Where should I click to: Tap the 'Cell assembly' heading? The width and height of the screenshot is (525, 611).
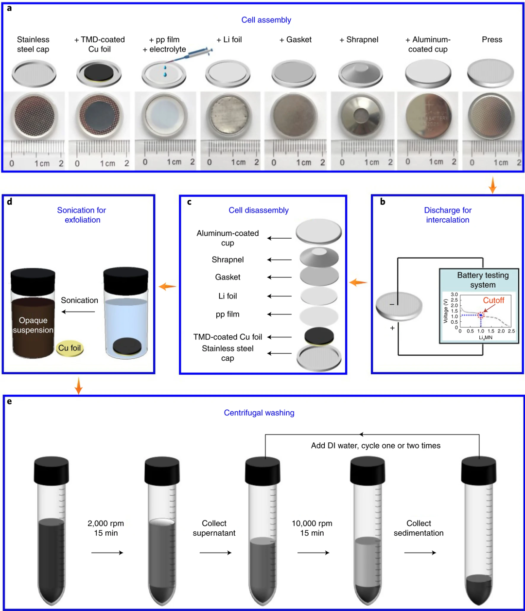266,20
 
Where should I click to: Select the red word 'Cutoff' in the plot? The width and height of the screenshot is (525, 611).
493,300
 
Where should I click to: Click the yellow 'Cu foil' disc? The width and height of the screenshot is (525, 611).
70,348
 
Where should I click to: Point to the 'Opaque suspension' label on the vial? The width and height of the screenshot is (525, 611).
33,325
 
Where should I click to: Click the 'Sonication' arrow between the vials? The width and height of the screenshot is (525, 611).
78,312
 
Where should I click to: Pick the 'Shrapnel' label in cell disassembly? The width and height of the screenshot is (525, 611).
227,260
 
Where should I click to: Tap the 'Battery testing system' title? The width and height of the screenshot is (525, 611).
483,280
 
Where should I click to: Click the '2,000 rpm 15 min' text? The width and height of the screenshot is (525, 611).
106,528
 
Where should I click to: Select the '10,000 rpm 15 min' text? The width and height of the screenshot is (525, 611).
312,528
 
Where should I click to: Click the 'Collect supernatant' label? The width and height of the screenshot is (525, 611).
214,528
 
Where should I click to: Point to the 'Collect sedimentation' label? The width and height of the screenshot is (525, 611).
419,528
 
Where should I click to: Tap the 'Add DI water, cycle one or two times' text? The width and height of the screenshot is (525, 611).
376,445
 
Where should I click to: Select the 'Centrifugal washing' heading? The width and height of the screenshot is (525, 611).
259,413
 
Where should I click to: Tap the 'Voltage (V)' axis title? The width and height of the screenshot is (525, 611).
445,311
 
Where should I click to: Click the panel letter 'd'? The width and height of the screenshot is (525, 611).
9,202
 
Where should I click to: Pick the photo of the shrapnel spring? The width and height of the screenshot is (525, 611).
363,116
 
